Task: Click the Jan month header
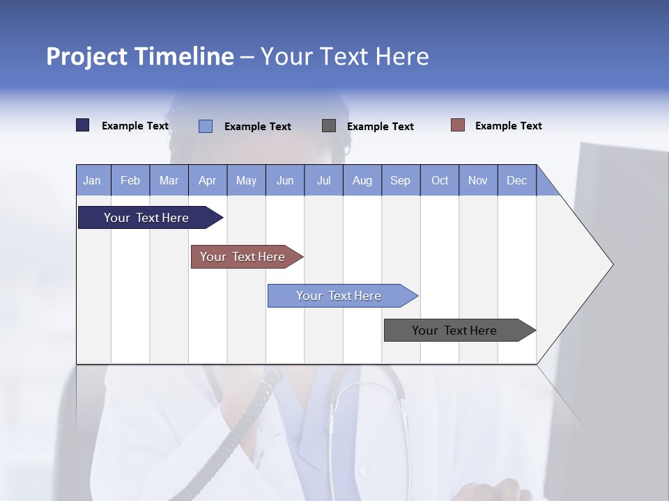click(x=92, y=180)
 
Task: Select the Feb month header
click(x=130, y=180)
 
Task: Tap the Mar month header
click(x=169, y=180)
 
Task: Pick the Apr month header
click(x=208, y=180)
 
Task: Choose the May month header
click(x=246, y=180)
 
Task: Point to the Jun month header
click(x=285, y=180)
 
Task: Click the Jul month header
click(x=323, y=180)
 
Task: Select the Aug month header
click(x=362, y=180)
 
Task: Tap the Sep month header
click(x=401, y=180)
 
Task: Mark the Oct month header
click(x=440, y=180)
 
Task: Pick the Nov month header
click(x=478, y=180)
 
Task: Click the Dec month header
click(x=517, y=180)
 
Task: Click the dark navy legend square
click(x=83, y=125)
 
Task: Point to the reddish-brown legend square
click(x=458, y=125)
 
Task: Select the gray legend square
click(x=329, y=125)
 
